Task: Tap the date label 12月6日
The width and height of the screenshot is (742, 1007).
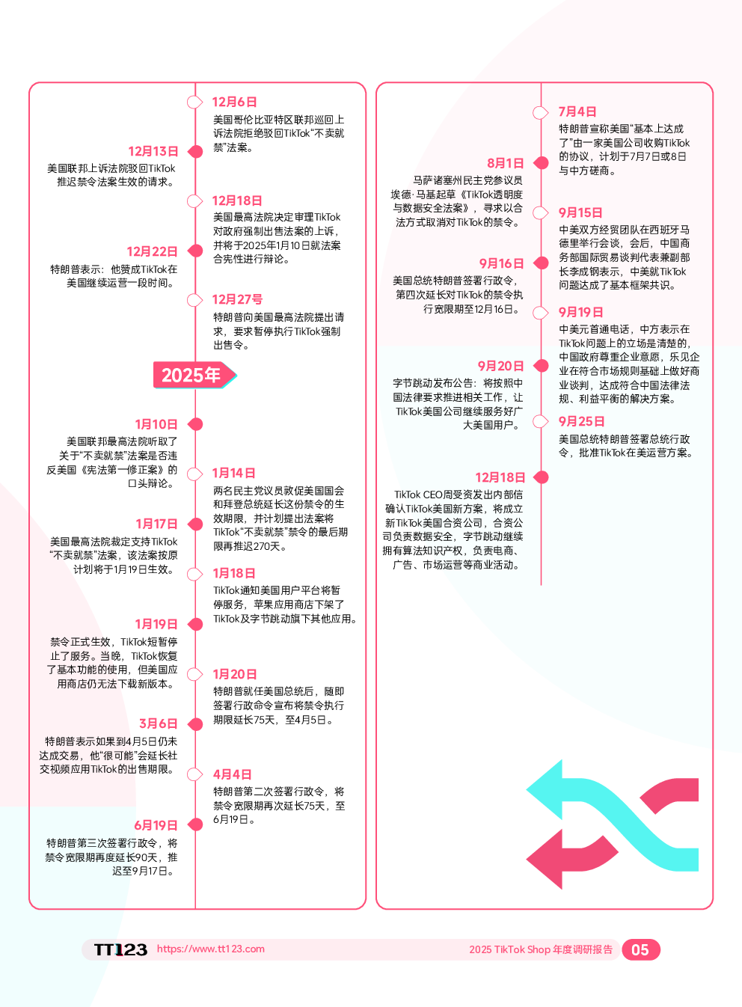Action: (234, 102)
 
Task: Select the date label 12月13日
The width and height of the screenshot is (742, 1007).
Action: (153, 151)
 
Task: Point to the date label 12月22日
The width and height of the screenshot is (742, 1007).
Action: (153, 251)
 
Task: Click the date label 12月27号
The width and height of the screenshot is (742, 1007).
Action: (237, 299)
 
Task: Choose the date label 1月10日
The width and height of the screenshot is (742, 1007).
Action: (156, 424)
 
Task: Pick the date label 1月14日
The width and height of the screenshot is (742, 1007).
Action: (234, 473)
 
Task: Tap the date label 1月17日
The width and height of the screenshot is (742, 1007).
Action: (157, 524)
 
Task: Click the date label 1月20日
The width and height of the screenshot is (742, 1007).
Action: (235, 674)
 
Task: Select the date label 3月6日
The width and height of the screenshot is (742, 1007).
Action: (159, 723)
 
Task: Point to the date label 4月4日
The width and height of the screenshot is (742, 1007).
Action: (232, 774)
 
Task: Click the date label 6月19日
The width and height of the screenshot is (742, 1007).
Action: (156, 825)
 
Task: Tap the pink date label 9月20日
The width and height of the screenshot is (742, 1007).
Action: (500, 366)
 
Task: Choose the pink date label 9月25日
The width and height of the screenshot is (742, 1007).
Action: (581, 421)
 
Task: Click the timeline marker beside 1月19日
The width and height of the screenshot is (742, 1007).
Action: (195, 624)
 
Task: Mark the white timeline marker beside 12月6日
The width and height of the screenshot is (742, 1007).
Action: (194, 102)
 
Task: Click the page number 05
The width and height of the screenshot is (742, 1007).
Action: (640, 949)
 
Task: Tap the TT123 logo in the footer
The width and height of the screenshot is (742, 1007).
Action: (121, 949)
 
